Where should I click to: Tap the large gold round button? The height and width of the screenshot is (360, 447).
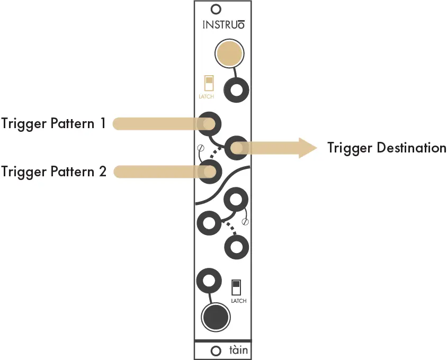pyautogui.click(x=229, y=54)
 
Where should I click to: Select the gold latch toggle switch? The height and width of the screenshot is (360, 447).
pyautogui.click(x=209, y=83)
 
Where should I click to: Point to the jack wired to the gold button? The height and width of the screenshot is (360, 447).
pyautogui.click(x=236, y=91)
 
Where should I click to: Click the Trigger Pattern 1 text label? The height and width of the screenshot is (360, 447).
pyautogui.click(x=53, y=124)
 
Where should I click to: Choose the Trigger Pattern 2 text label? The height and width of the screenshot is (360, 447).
pyautogui.click(x=53, y=172)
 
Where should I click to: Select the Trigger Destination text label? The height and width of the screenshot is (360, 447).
pyautogui.click(x=387, y=148)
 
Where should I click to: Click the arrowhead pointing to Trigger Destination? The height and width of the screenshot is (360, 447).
pyautogui.click(x=306, y=148)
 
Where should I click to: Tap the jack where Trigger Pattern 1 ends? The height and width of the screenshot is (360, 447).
pyautogui.click(x=210, y=124)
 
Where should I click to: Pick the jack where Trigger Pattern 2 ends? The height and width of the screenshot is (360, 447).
pyautogui.click(x=210, y=172)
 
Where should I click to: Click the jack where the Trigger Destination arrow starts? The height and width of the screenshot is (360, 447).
pyautogui.click(x=236, y=148)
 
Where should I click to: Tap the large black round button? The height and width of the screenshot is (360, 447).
pyautogui.click(x=216, y=317)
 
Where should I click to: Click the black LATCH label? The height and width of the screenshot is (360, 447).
pyautogui.click(x=238, y=301)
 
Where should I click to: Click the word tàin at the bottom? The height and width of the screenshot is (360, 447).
pyautogui.click(x=238, y=350)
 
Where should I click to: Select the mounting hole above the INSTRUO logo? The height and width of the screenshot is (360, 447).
pyautogui.click(x=216, y=9)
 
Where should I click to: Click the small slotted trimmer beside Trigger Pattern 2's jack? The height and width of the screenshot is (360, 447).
pyautogui.click(x=201, y=148)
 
